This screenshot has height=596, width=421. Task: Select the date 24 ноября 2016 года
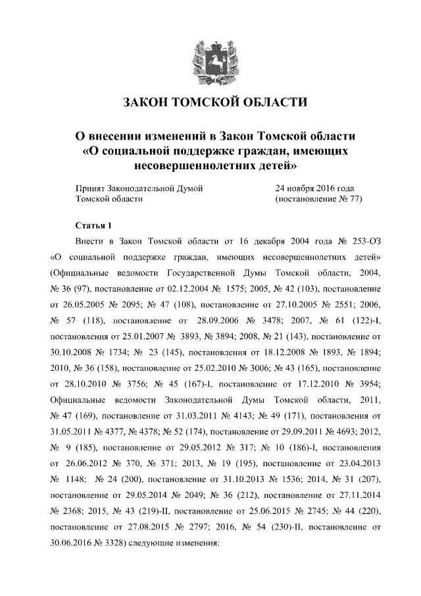315,188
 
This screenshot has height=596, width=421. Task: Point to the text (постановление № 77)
319,198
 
